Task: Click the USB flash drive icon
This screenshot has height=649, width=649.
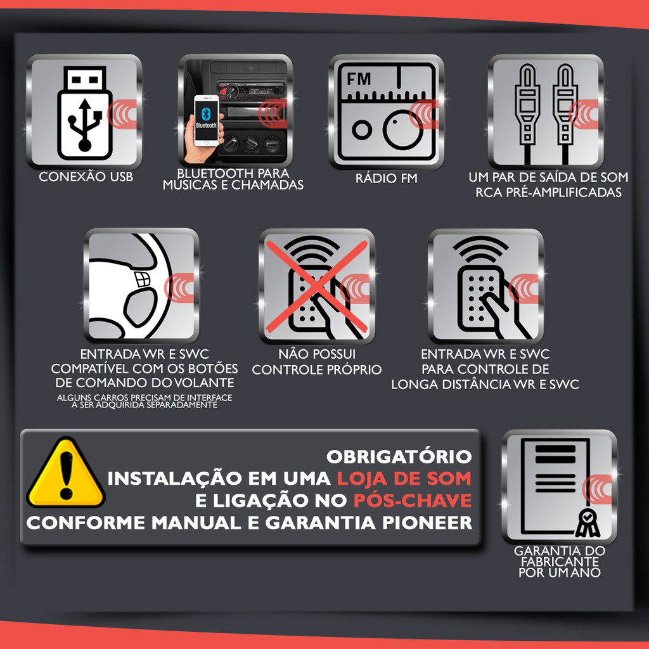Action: pyautogui.click(x=85, y=113)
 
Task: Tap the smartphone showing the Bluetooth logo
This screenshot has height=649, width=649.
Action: pyautogui.click(x=207, y=120)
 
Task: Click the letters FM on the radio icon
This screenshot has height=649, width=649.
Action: pyautogui.click(x=359, y=79)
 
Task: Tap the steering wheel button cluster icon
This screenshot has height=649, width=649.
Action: pyautogui.click(x=142, y=280)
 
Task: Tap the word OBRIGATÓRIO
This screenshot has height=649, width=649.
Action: pyautogui.click(x=399, y=457)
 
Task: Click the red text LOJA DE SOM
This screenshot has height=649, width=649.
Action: pyautogui.click(x=404, y=479)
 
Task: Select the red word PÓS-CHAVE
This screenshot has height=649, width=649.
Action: pyautogui.click(x=413, y=501)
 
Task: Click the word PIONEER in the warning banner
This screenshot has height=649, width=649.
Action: pyautogui.click(x=427, y=523)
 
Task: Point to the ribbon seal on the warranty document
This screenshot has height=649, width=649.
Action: pyautogui.click(x=588, y=523)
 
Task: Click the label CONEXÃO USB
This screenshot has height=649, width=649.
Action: pyautogui.click(x=86, y=177)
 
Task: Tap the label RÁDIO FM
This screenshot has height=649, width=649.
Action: pyautogui.click(x=386, y=178)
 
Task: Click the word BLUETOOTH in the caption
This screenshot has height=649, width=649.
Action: pyautogui.click(x=210, y=173)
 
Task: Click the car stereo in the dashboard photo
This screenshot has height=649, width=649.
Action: pyautogui.click(x=251, y=90)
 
